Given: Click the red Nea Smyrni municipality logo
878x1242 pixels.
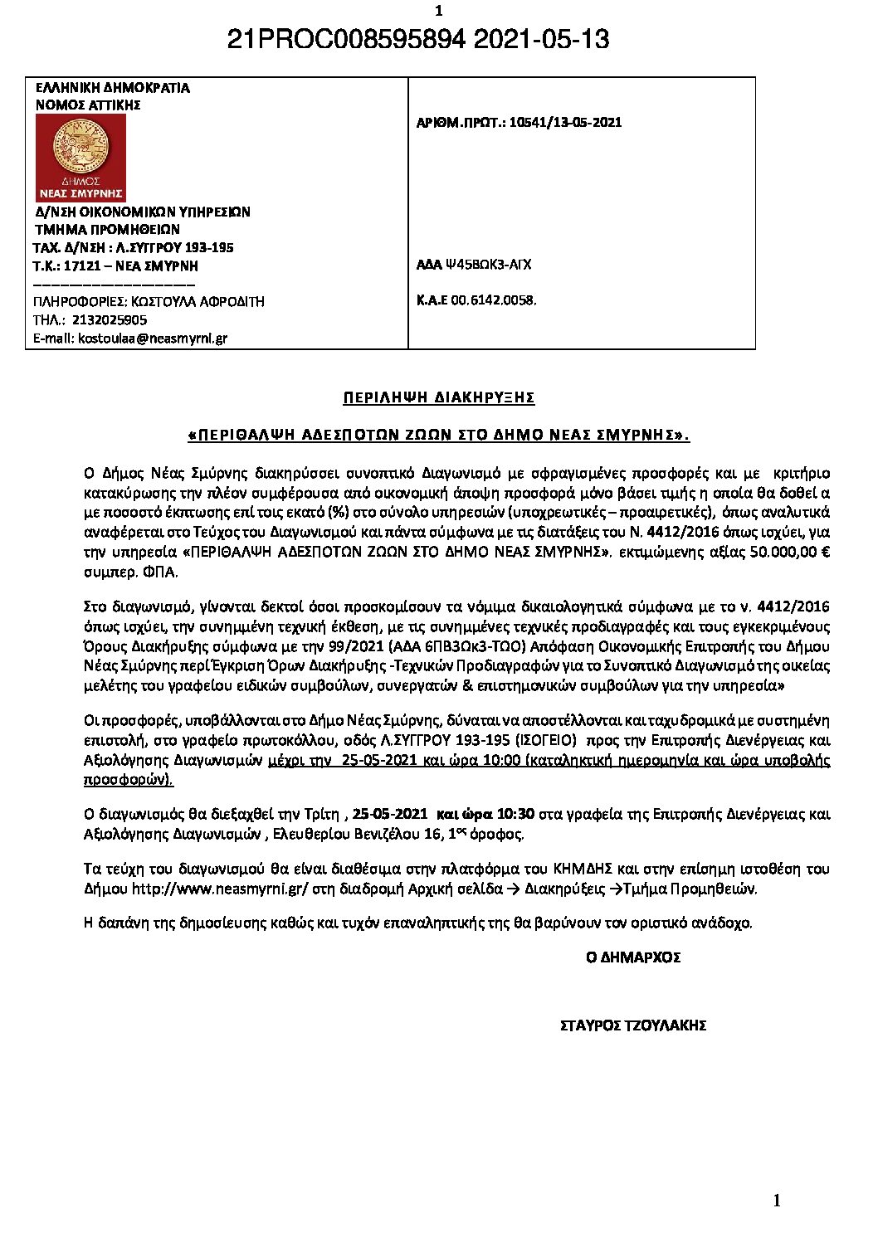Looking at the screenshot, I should [80, 158].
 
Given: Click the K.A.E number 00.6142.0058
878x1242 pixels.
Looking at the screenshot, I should [493, 300].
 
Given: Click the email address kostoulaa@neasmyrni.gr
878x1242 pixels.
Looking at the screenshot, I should [153, 338].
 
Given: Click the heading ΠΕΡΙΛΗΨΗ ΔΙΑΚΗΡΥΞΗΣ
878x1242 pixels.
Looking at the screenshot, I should [439, 397].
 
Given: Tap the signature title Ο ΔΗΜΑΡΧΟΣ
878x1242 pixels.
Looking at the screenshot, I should [633, 957].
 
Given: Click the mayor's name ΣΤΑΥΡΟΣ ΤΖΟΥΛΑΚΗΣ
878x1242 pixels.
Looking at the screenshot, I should [633, 1025].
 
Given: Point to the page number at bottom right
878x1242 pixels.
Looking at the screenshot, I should [777, 1201].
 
